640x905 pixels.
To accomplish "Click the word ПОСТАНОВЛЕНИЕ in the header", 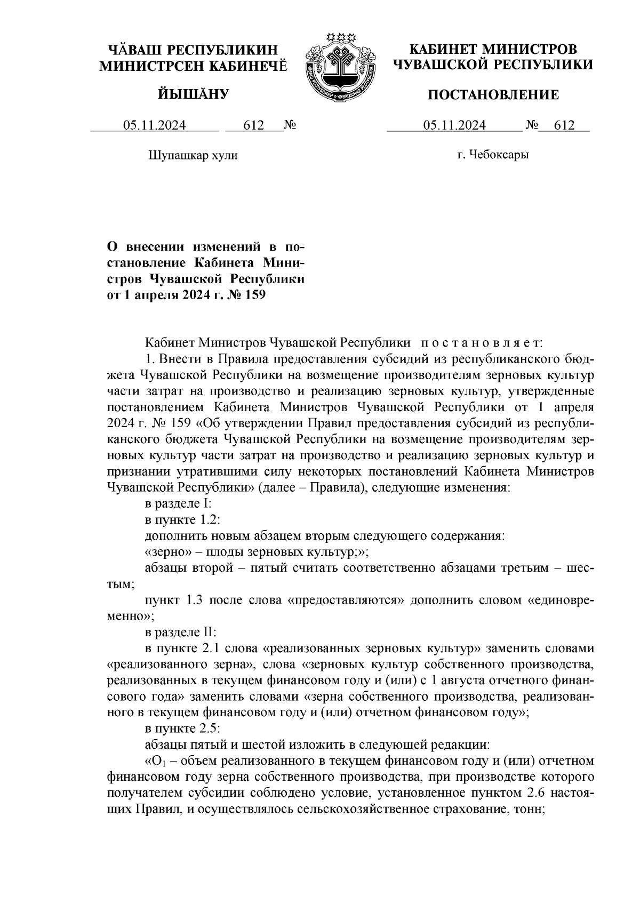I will click(494, 95).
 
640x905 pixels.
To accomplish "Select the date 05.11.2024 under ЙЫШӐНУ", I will click(155, 125).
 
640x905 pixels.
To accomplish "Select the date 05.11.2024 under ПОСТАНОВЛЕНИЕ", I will click(454, 125).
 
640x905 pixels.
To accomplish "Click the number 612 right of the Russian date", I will click(564, 125).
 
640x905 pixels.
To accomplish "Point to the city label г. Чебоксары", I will click(493, 155).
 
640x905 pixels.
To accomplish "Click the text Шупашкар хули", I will click(192, 156).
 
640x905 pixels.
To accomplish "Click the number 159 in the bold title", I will click(254, 294).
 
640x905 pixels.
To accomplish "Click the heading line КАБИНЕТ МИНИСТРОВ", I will click(493, 50).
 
